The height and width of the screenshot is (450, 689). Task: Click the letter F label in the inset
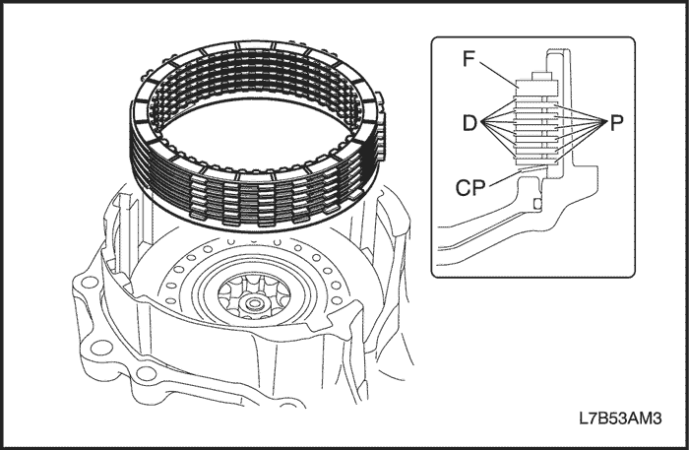[x=471, y=60]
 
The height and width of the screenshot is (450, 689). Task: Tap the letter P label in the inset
[x=616, y=123]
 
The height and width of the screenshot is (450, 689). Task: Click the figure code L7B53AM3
[x=621, y=418]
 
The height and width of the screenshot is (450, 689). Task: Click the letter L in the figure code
[x=585, y=418]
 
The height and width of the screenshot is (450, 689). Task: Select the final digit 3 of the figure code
[x=658, y=418]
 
